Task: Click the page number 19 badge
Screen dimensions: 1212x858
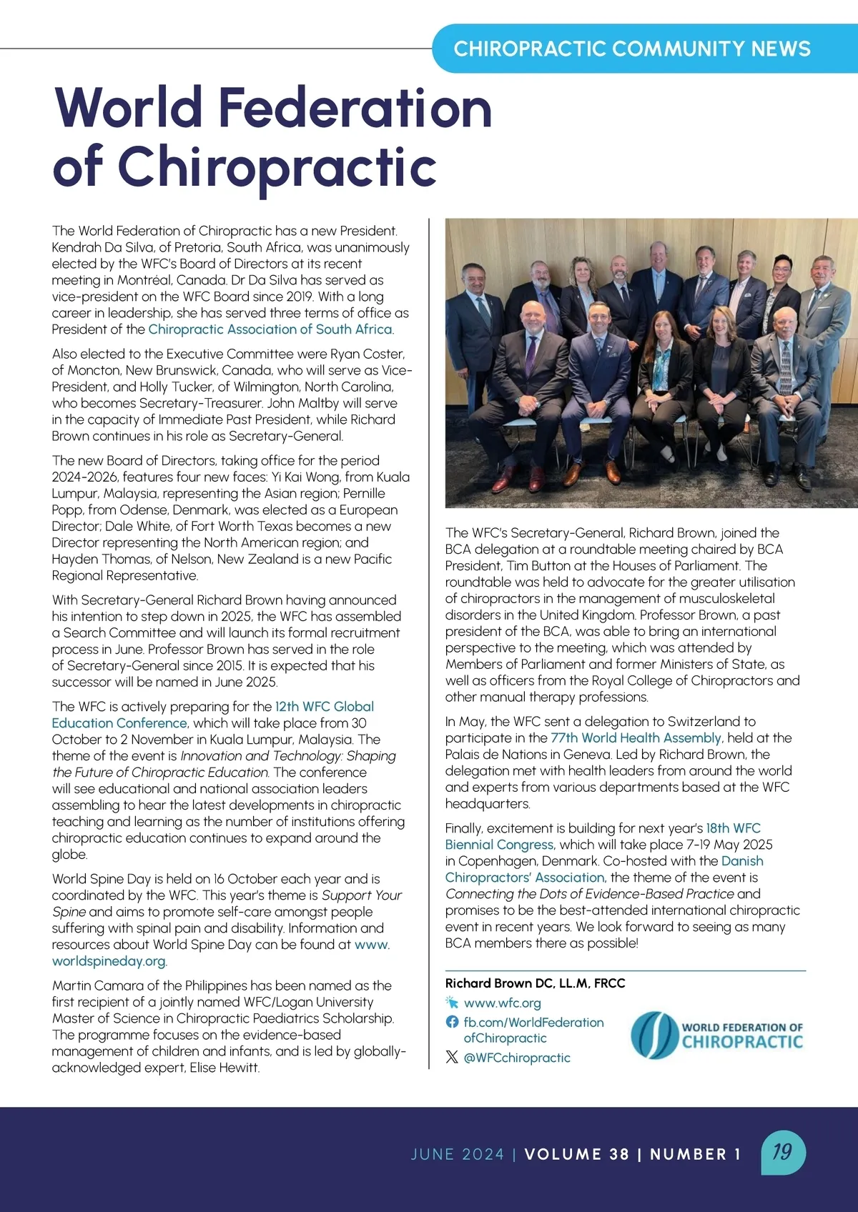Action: coord(782,1151)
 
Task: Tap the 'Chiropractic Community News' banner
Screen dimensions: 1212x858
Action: coord(632,49)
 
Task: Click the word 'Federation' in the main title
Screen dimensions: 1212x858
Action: coord(355,107)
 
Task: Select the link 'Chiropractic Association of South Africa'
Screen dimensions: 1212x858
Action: coord(270,329)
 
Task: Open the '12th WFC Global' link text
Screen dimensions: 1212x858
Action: coord(325,707)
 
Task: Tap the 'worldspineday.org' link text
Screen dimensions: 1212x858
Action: coord(109,961)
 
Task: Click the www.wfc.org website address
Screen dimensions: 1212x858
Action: coord(502,1003)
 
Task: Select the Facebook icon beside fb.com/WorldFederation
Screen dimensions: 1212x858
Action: coord(452,1023)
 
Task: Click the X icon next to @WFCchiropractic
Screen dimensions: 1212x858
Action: coord(452,1058)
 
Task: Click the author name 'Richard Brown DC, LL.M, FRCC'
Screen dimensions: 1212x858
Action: coord(535,983)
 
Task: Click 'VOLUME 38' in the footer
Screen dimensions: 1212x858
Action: coord(576,1154)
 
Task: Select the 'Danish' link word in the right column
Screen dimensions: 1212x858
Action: coord(742,861)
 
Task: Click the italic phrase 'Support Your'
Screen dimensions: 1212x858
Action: coord(362,895)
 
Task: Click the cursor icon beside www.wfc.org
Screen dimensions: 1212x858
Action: coord(452,1003)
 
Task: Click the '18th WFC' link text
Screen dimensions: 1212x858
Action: coord(734,828)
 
